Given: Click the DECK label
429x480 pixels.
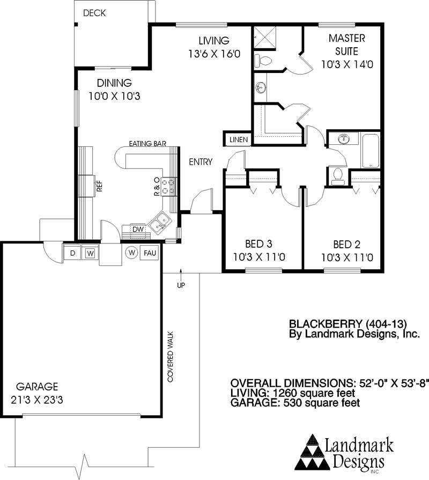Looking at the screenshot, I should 95,13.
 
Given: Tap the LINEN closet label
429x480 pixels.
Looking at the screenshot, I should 239,139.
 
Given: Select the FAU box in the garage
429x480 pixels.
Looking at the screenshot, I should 149,253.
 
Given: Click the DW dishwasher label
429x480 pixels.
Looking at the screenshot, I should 138,230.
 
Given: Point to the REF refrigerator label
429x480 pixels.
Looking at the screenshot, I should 99,187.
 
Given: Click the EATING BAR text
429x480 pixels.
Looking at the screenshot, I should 147,144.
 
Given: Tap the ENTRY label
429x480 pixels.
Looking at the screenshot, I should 201,162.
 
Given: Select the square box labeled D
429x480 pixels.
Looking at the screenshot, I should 72,253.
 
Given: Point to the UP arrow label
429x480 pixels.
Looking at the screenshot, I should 181,285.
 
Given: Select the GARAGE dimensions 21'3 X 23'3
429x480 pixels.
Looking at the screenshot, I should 38,400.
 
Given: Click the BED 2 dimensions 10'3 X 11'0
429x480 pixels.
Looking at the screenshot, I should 346,257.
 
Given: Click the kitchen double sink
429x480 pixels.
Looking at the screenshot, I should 160,221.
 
